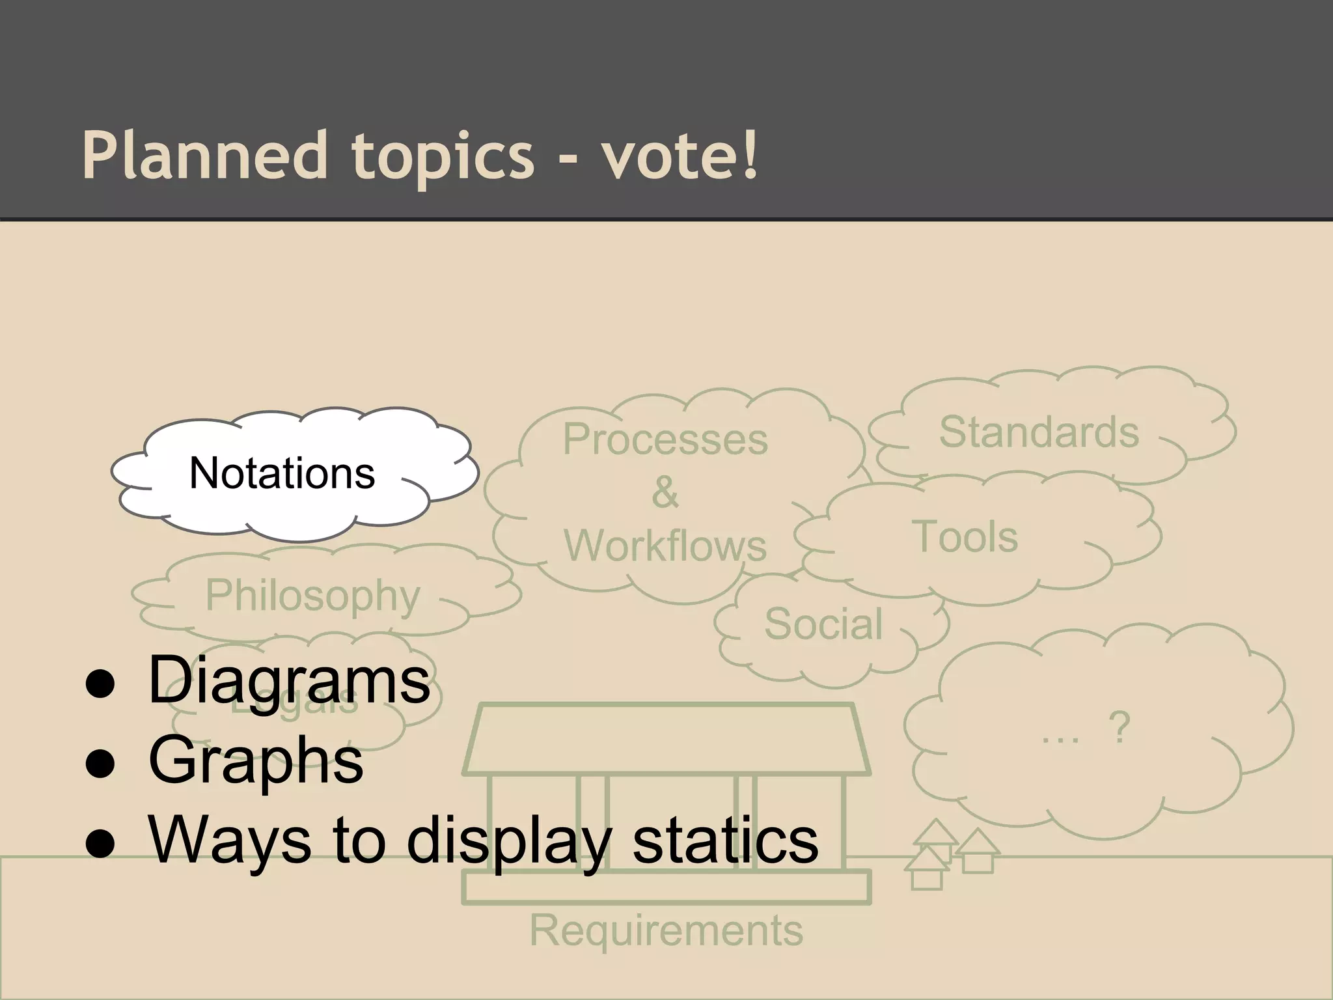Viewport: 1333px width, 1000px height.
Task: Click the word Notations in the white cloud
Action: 282,473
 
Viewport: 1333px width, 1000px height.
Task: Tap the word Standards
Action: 1039,432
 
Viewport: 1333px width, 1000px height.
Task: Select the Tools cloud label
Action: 965,537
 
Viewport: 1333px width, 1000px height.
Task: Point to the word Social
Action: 823,624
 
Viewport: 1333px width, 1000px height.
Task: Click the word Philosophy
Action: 313,596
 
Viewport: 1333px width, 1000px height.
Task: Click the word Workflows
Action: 665,546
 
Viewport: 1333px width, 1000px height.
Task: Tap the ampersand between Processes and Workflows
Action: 665,492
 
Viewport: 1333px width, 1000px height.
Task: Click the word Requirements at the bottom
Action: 666,930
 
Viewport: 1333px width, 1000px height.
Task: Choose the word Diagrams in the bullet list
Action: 289,681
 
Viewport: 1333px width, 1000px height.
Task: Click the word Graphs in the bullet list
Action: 256,761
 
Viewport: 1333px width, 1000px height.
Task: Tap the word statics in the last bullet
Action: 725,841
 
